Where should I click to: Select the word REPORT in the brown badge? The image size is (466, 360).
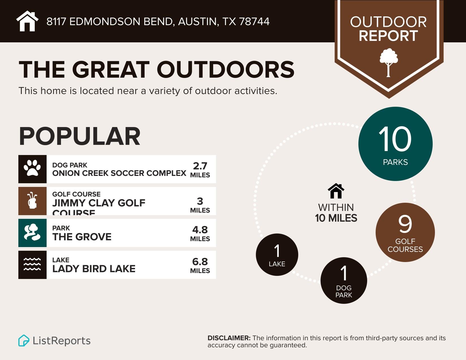pyautogui.click(x=388, y=36)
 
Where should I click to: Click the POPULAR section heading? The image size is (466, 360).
pyautogui.click(x=79, y=136)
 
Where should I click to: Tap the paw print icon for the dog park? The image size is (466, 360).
pyautogui.click(x=32, y=169)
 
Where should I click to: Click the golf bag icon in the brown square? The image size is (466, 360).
pyautogui.click(x=32, y=201)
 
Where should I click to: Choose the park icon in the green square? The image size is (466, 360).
pyautogui.click(x=32, y=233)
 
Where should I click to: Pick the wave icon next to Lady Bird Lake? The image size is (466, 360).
pyautogui.click(x=32, y=265)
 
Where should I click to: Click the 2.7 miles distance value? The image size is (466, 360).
pyautogui.click(x=200, y=166)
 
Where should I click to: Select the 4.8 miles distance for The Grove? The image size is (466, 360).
pyautogui.click(x=200, y=230)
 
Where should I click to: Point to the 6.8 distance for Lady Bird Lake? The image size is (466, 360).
pyautogui.click(x=200, y=261)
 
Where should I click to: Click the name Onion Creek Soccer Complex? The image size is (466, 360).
pyautogui.click(x=119, y=173)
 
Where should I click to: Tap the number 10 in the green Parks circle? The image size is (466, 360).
pyautogui.click(x=395, y=139)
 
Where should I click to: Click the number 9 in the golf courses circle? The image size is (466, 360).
pyautogui.click(x=405, y=224)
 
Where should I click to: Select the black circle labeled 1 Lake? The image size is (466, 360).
pyautogui.click(x=277, y=254)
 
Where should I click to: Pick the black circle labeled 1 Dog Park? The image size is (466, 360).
pyautogui.click(x=344, y=280)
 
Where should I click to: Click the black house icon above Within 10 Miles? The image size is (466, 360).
pyautogui.click(x=336, y=191)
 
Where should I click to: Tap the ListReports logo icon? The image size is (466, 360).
pyautogui.click(x=24, y=340)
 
